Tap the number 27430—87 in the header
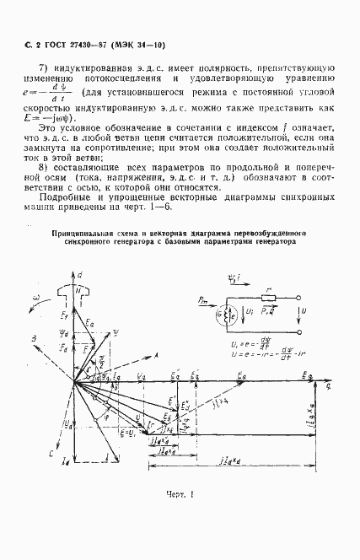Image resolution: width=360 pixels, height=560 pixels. [x=82, y=40]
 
